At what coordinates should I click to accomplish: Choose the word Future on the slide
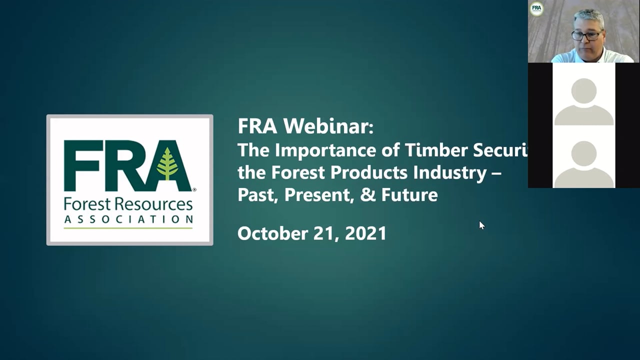(x=409, y=194)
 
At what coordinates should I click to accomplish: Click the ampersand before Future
(x=367, y=194)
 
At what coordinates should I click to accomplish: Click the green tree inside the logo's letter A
(x=167, y=164)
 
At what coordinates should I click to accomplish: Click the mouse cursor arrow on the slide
(x=481, y=225)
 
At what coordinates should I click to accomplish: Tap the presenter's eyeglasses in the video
(x=586, y=35)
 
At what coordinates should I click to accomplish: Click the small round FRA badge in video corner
(x=536, y=8)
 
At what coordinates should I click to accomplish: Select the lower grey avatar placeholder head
(x=583, y=153)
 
